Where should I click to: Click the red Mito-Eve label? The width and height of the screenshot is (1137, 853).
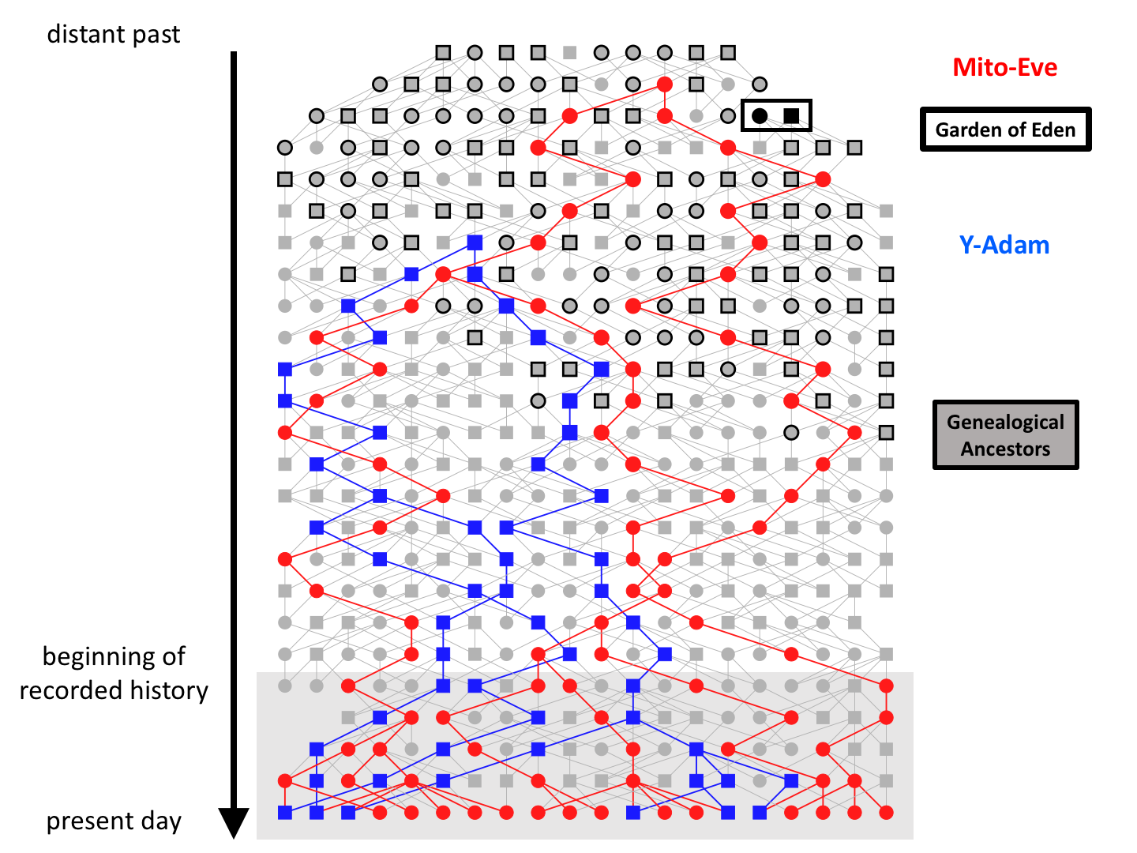click(1004, 67)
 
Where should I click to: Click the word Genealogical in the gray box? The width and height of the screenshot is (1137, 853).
click(1005, 422)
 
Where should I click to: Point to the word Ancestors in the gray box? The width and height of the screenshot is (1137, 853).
click(1005, 449)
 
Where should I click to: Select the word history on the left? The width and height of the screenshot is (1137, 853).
click(169, 691)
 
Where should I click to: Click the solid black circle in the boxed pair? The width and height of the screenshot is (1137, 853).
click(760, 115)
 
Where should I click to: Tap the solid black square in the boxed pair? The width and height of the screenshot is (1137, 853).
click(791, 115)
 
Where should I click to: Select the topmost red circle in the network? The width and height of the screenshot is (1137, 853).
click(665, 84)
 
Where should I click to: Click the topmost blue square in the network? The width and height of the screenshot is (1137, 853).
click(475, 242)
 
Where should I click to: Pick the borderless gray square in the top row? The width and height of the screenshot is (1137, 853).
click(570, 52)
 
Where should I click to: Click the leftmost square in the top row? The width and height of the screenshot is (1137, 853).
click(443, 52)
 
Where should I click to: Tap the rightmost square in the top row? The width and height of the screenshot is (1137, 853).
click(728, 52)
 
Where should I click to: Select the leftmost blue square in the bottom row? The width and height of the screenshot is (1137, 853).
click(285, 813)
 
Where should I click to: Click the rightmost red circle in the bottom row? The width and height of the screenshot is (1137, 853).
click(886, 813)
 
